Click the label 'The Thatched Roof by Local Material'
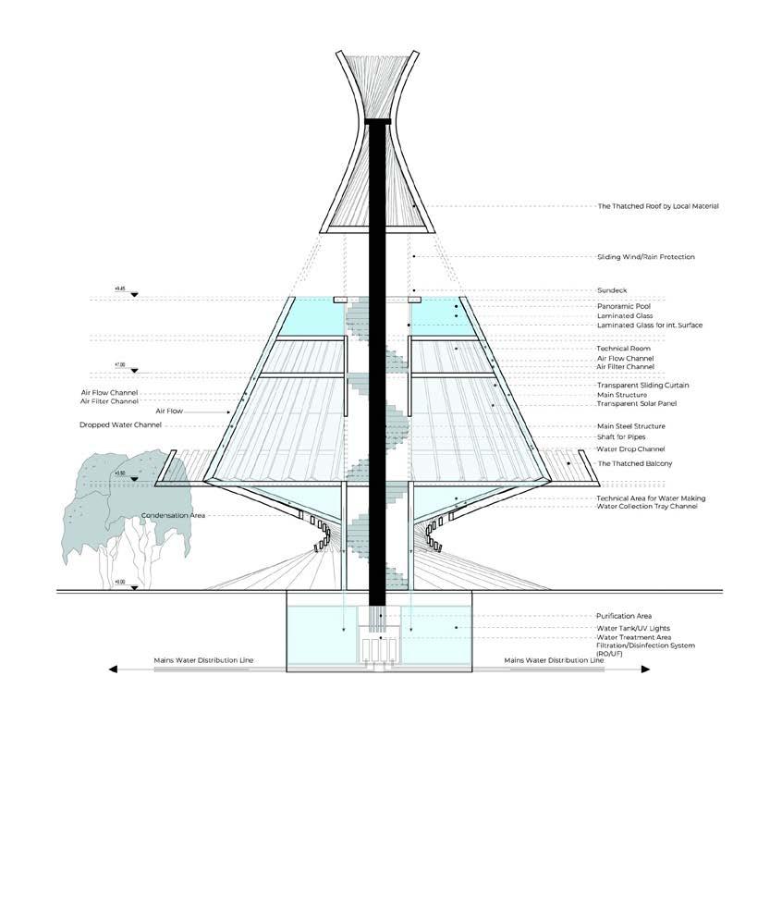click(x=657, y=206)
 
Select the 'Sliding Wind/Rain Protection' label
click(x=645, y=256)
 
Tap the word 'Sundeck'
click(x=613, y=290)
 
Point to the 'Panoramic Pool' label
click(x=622, y=306)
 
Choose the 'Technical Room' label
click(x=623, y=349)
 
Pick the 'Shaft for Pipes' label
click(x=622, y=437)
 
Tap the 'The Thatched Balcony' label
click(x=634, y=462)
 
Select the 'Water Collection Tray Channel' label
click(x=645, y=507)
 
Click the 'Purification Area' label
click(x=625, y=616)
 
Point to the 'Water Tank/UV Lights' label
click(x=633, y=628)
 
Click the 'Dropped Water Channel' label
click(x=120, y=424)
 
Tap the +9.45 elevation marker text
click(x=119, y=289)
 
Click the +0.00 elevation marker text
click(x=119, y=583)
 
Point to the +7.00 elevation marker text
click(x=119, y=365)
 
